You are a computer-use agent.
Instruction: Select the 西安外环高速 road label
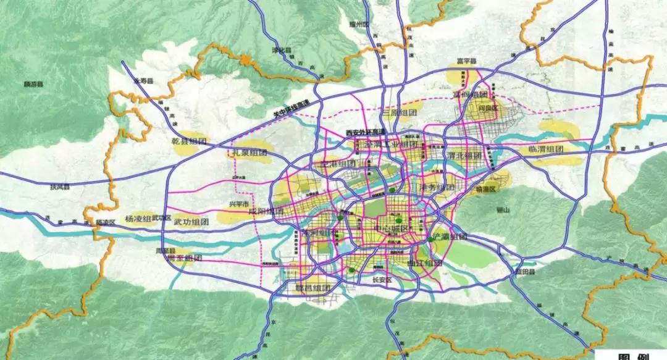(364, 132)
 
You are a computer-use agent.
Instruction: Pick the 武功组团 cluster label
(191, 221)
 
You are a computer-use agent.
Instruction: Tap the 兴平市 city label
(238, 204)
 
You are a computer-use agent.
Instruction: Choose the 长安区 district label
(382, 279)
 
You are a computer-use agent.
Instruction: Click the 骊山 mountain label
(506, 211)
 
